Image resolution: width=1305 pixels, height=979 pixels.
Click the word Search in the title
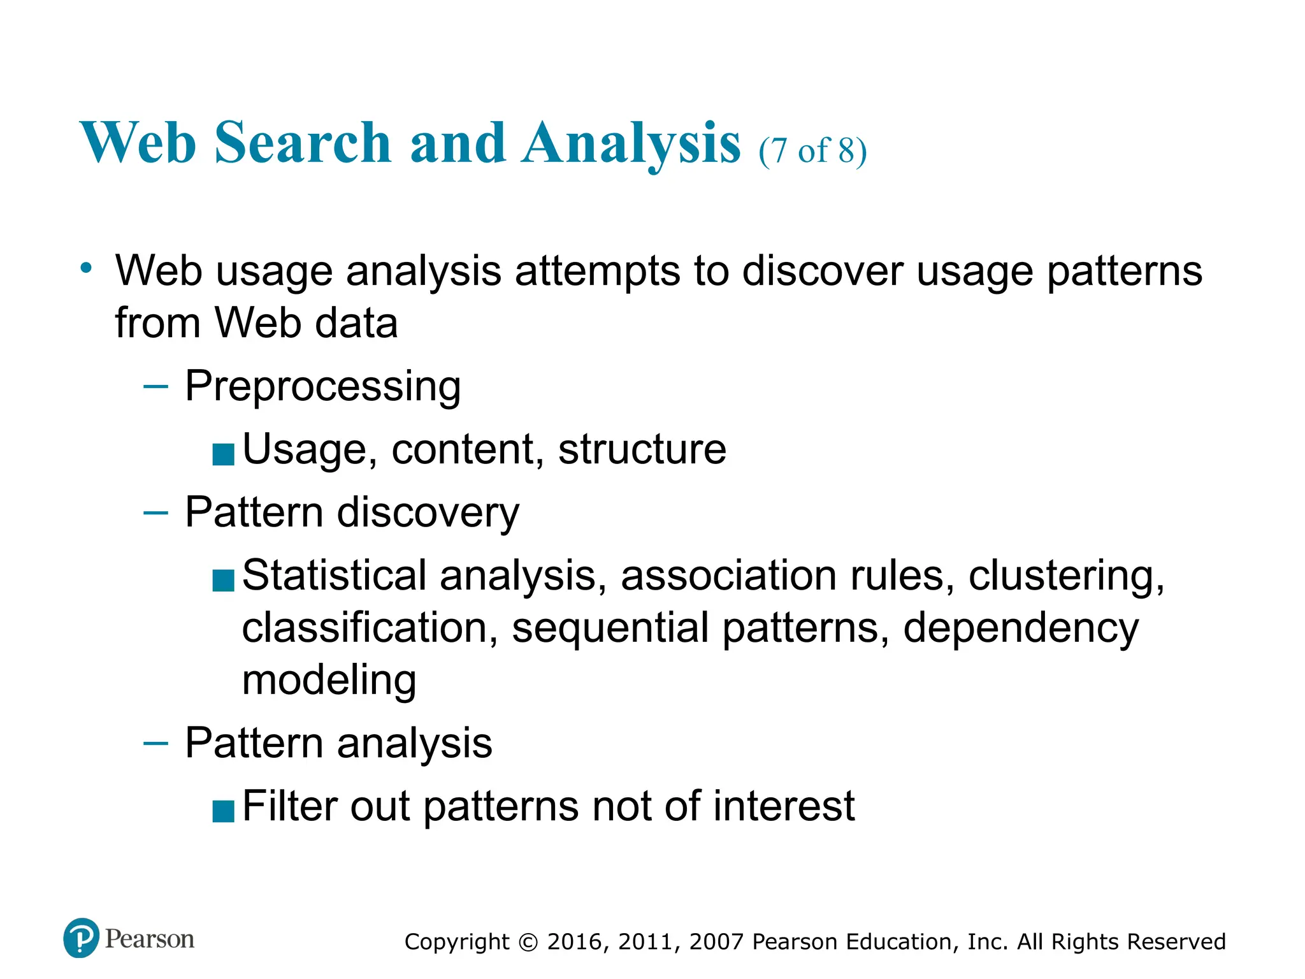(303, 143)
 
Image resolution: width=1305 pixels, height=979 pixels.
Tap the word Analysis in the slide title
(631, 144)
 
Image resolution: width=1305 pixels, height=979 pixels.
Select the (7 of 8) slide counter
(812, 151)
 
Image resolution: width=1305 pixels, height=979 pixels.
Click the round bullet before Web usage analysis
(87, 268)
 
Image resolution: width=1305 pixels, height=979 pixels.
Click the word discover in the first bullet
(823, 271)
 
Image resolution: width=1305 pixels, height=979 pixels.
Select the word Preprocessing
(322, 386)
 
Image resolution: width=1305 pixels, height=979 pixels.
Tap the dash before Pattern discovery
(155, 512)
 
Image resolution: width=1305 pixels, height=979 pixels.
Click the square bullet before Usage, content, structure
(223, 454)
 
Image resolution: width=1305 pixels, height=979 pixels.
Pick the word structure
(642, 449)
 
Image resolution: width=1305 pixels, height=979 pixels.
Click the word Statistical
(334, 576)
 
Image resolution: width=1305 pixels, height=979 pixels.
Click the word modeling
(329, 680)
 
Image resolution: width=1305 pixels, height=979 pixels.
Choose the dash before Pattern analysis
(155, 743)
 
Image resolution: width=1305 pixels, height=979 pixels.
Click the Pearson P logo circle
(82, 938)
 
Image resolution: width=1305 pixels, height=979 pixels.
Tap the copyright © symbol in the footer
(528, 942)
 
